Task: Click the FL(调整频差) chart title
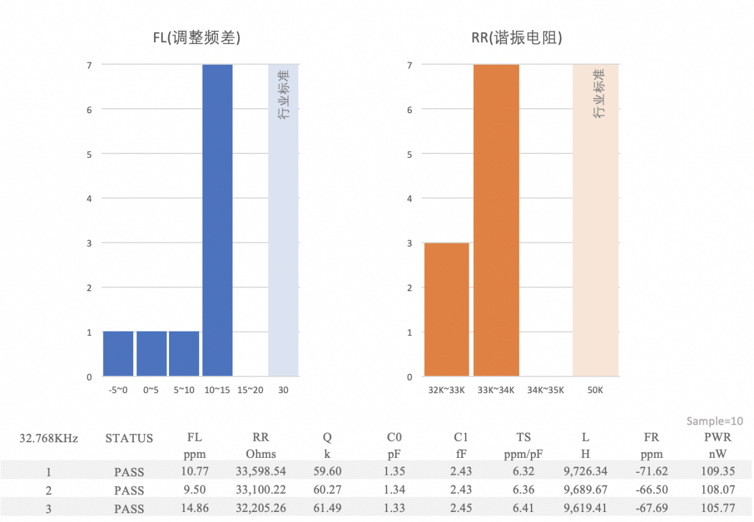[197, 38]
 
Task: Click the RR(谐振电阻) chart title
[516, 38]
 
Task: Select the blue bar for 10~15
[217, 220]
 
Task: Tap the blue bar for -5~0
[119, 353]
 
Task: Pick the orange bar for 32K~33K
[447, 309]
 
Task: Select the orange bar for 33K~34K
[496, 220]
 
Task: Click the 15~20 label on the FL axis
[250, 390]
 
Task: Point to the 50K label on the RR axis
[595, 390]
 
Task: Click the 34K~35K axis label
[545, 390]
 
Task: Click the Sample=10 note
[714, 421]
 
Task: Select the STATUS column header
[129, 438]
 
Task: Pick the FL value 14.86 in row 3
[195, 508]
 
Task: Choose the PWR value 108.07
[716, 490]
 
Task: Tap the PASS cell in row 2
[129, 490]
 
